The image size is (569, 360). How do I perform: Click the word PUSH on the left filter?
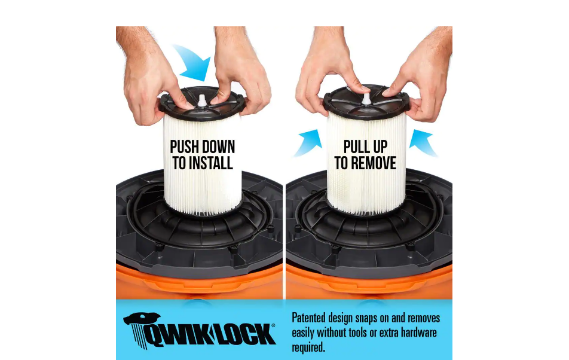point(183,147)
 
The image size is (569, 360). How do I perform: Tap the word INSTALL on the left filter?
point(211,163)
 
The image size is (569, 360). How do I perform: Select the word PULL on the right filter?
point(356,147)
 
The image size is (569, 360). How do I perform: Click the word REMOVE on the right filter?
point(375,163)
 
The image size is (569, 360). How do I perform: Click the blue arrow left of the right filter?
point(308,142)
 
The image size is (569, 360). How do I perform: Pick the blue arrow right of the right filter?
point(423,142)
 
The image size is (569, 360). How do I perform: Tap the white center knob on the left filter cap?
point(202,100)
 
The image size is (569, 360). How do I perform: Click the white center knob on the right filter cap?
point(366,98)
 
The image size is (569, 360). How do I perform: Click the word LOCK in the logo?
point(247,334)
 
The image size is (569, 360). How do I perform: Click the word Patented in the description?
point(308,318)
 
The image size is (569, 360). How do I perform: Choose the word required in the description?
point(308,347)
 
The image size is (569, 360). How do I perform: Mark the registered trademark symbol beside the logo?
point(273,325)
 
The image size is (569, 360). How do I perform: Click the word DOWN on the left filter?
point(217,147)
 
